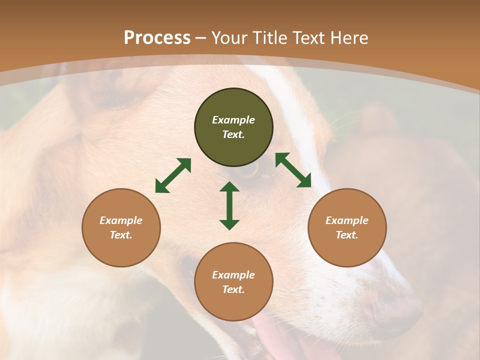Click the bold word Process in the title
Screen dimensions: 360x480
(157, 38)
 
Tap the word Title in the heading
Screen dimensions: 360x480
(270, 38)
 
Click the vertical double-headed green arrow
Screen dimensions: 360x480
(229, 205)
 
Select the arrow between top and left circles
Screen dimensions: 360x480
(173, 175)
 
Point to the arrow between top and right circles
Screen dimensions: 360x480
(293, 170)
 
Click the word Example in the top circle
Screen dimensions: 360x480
(233, 120)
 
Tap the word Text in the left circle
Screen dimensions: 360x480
(121, 235)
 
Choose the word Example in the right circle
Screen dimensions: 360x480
(347, 220)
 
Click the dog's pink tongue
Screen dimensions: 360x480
(272, 340)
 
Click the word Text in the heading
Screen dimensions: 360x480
(310, 38)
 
